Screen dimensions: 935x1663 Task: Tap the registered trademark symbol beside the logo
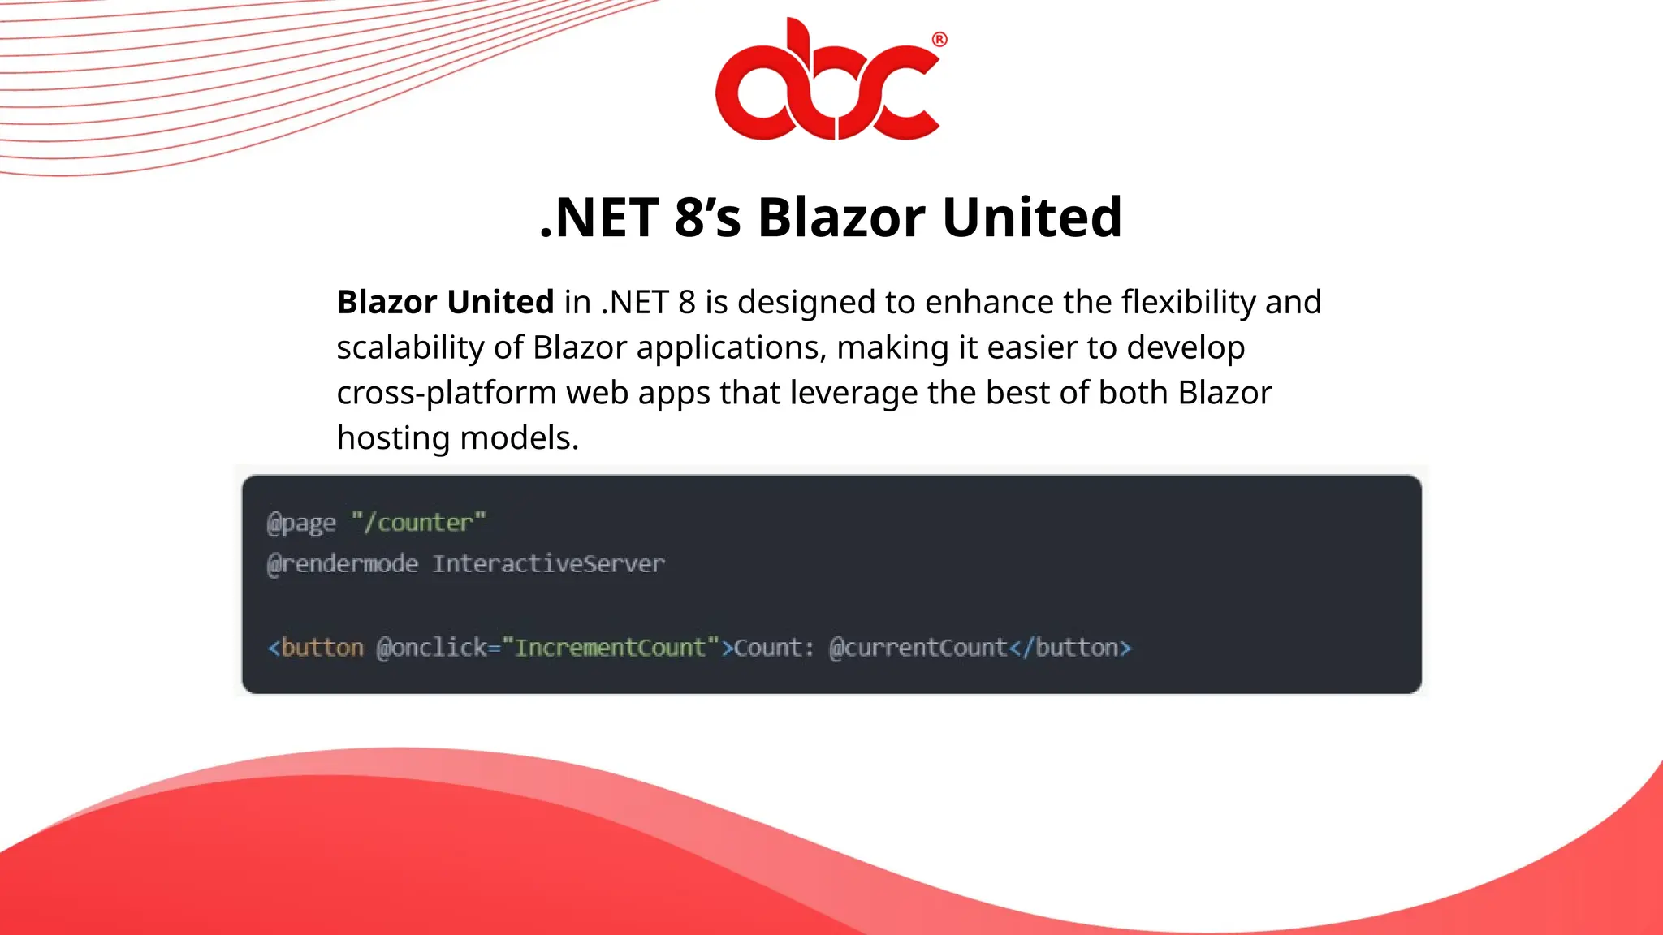[x=939, y=40]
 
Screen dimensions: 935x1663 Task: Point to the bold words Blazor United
[x=445, y=302]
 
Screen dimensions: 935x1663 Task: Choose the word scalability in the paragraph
[x=410, y=347]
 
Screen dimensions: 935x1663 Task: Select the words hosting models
[x=457, y=438]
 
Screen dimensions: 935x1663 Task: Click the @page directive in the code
[x=301, y=523]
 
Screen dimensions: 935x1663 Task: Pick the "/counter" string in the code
[x=418, y=523]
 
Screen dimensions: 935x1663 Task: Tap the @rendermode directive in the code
[x=343, y=564]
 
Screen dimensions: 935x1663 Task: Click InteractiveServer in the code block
[x=548, y=564]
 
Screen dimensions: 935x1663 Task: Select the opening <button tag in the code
[x=316, y=648]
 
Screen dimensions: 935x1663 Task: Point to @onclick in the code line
[x=431, y=648]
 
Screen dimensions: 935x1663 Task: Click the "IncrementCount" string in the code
[x=611, y=648]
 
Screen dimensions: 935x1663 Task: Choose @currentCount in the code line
[x=918, y=648]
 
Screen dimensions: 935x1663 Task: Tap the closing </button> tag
[x=1070, y=648]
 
